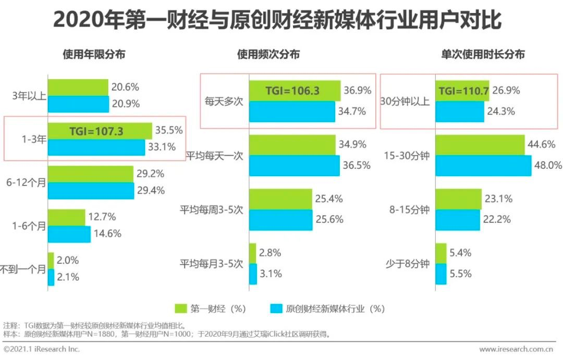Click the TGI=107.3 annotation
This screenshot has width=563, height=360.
coord(96,131)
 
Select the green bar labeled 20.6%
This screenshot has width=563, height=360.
coord(78,88)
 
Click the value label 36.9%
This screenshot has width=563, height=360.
coord(358,91)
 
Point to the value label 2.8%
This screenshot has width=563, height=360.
coord(270,253)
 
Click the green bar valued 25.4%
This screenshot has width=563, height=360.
coord(280,198)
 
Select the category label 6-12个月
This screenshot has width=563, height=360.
coord(27,183)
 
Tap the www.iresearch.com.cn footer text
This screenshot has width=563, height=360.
coord(516,349)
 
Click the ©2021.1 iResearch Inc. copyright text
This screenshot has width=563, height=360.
coord(42,349)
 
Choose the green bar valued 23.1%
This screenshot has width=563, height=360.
coord(458,198)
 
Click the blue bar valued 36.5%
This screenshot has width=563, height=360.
coord(292,166)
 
